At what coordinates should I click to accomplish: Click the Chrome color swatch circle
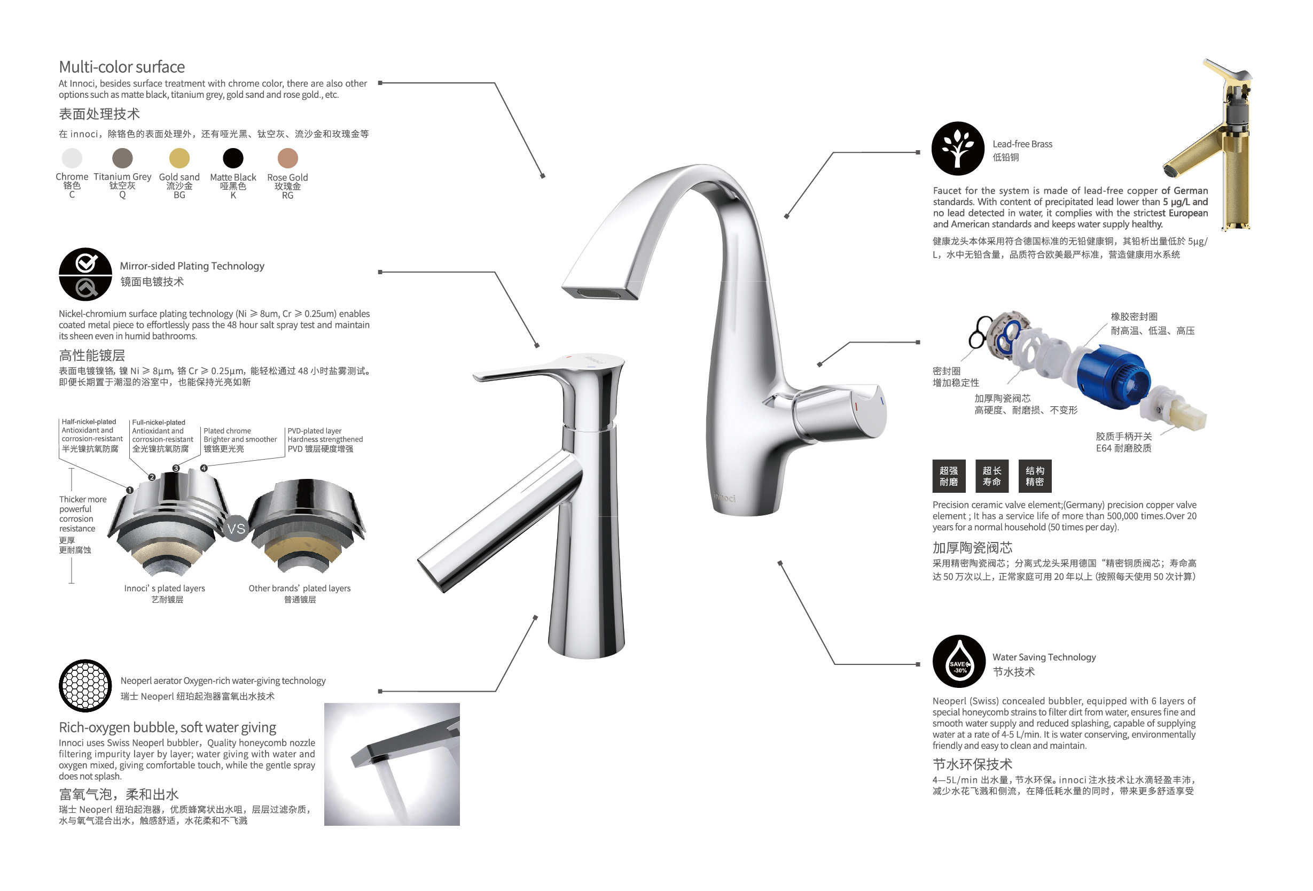(72, 158)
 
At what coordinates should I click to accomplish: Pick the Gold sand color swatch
(179, 158)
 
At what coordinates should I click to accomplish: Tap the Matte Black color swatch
(233, 158)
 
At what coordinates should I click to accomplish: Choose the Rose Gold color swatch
(287, 158)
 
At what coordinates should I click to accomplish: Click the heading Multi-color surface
(121, 67)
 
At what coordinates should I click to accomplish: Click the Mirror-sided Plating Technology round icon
(85, 274)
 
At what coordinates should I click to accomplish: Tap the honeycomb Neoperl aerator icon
(85, 686)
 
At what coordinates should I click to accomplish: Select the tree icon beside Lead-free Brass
(958, 149)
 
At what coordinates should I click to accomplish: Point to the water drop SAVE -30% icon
(959, 662)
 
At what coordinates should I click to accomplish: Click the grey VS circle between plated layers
(236, 529)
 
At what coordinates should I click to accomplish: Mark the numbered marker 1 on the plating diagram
(130, 490)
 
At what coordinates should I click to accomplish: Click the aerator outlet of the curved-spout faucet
(600, 293)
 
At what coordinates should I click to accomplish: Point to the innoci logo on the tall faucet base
(724, 498)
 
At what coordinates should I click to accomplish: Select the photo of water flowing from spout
(392, 764)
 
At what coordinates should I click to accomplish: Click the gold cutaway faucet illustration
(1215, 147)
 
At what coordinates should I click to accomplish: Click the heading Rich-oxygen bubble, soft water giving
(167, 727)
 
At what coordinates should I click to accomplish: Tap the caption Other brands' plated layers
(300, 588)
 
